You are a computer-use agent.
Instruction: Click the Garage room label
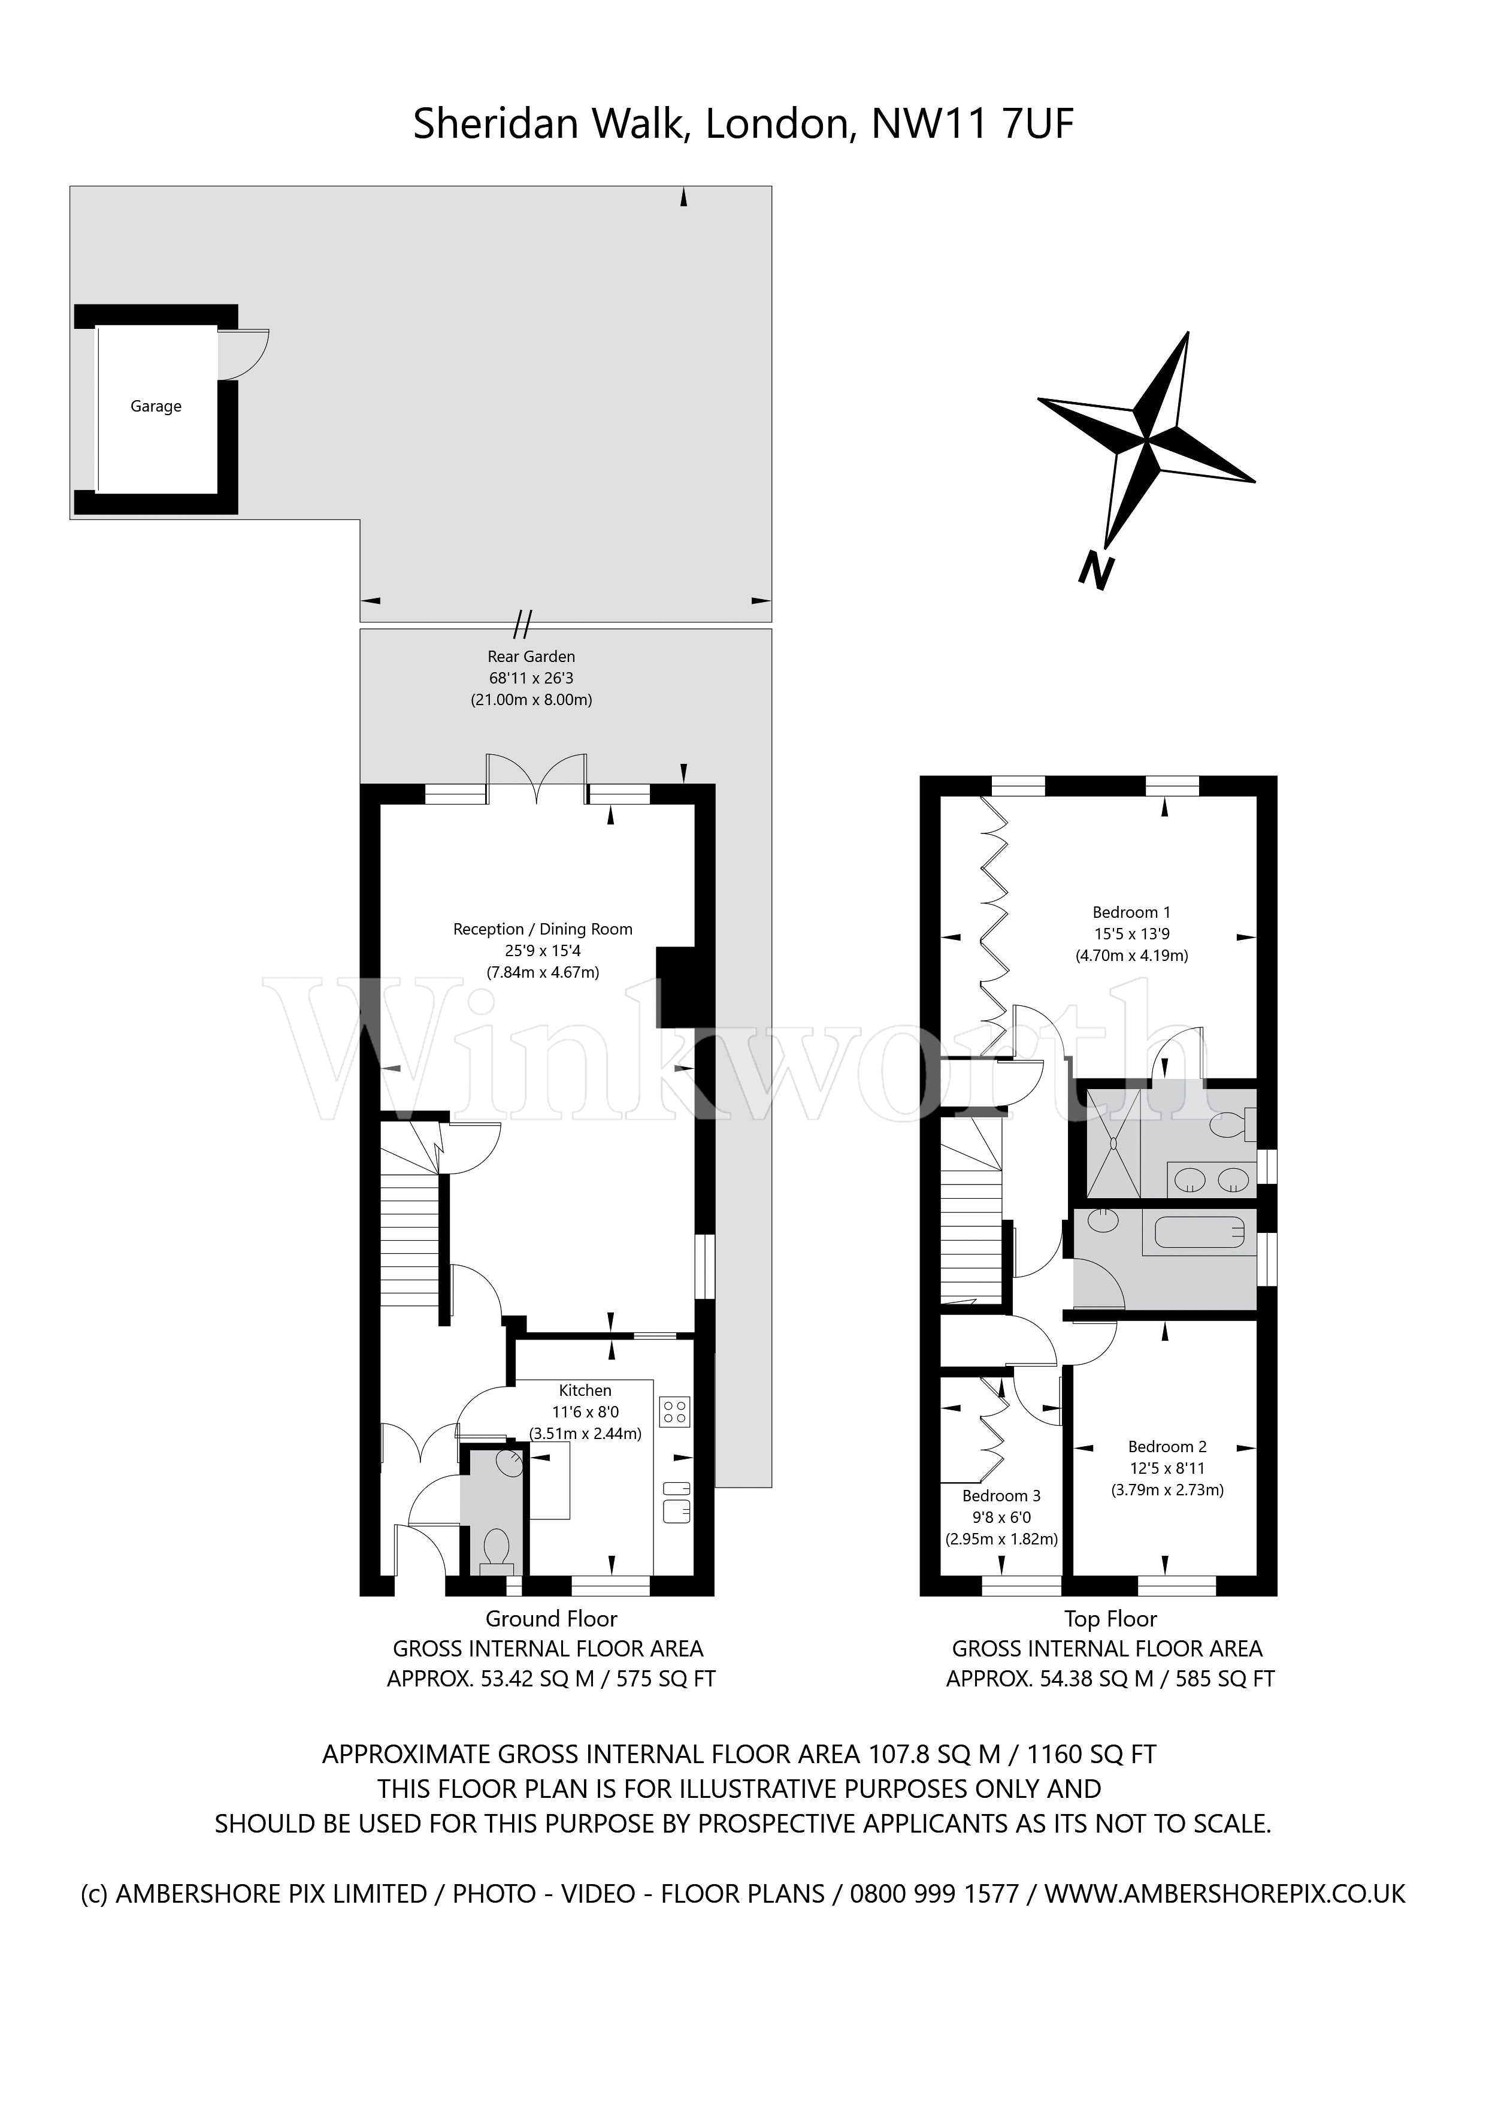click(156, 406)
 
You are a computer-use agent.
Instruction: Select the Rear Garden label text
click(531, 656)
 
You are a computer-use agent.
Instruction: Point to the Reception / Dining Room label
click(543, 929)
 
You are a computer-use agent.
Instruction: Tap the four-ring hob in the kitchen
click(674, 1411)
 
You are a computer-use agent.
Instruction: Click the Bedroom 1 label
click(1131, 912)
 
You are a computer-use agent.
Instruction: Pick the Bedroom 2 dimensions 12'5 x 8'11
click(1167, 1468)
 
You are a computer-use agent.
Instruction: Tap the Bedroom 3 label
click(1001, 1495)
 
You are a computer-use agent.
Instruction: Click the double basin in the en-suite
click(1212, 1180)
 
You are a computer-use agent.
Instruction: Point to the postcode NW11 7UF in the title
click(972, 125)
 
